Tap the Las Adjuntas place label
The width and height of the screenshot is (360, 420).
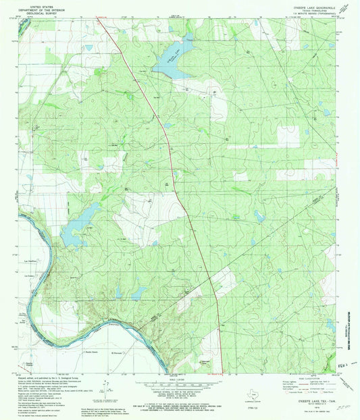click(x=30, y=261)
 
